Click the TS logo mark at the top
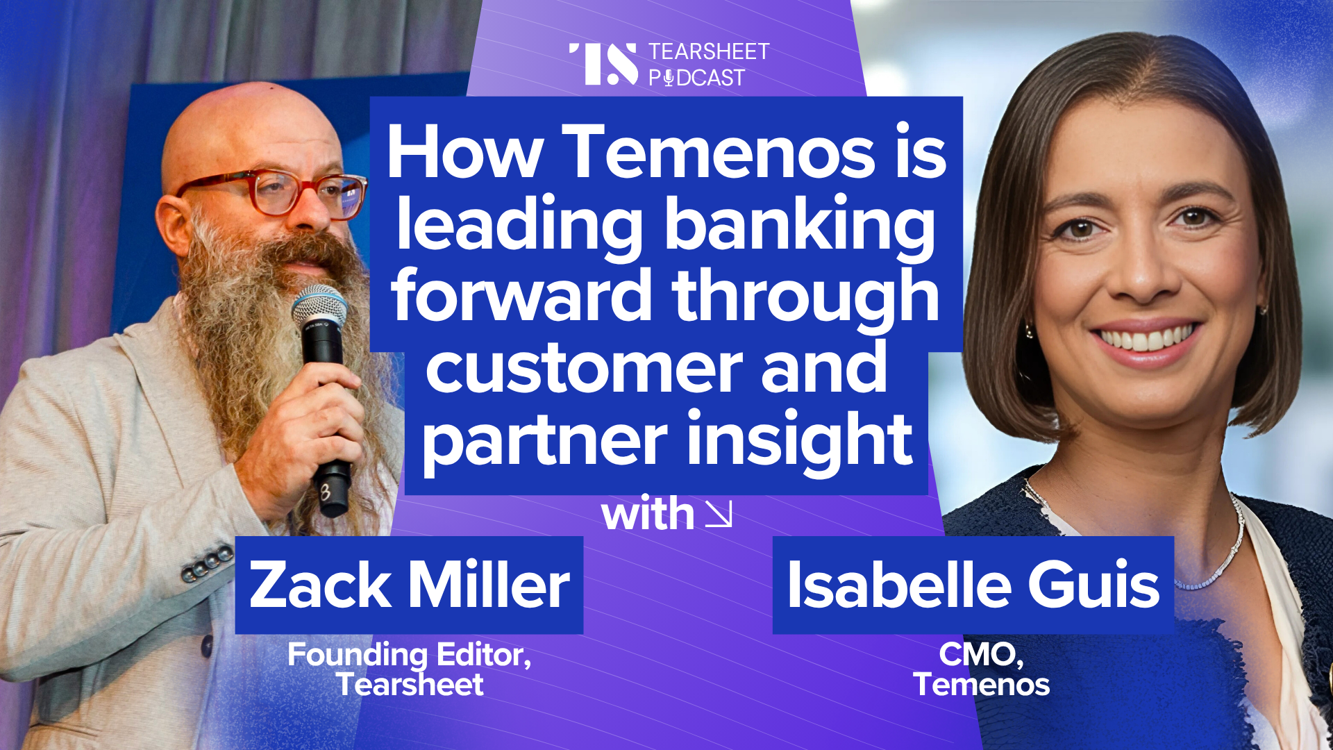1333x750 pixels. click(x=603, y=64)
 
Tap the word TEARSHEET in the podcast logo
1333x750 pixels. click(x=709, y=51)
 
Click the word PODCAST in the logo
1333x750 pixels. click(x=696, y=78)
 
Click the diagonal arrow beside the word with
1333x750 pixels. click(x=719, y=515)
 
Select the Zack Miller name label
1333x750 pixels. click(x=409, y=585)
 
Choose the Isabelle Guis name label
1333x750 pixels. click(x=973, y=585)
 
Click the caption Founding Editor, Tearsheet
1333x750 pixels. click(x=410, y=669)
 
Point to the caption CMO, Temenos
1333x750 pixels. click(x=981, y=669)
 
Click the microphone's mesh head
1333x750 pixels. click(x=319, y=306)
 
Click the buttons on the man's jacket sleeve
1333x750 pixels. click(x=207, y=562)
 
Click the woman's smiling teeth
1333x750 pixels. click(x=1146, y=340)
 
